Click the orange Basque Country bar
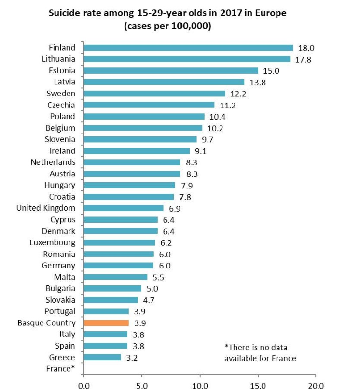[106, 323]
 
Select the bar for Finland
[189, 48]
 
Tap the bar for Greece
[102, 357]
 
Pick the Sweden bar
[154, 94]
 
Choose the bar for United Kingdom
[124, 208]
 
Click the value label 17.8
[303, 60]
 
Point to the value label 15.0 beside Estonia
[271, 71]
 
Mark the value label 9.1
[200, 151]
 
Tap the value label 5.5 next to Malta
[158, 277]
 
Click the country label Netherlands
[53, 162]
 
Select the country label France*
[60, 368]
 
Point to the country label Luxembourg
[53, 242]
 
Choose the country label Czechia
[61, 105]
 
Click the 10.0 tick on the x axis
[200, 386]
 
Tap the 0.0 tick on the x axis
[84, 386]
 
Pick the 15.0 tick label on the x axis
[258, 386]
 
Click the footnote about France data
[260, 353]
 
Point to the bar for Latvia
[164, 82]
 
